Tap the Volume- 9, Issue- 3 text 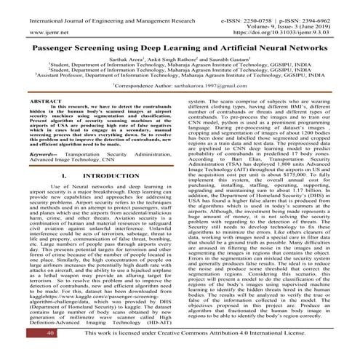pyautogui.click(x=304, y=14)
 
